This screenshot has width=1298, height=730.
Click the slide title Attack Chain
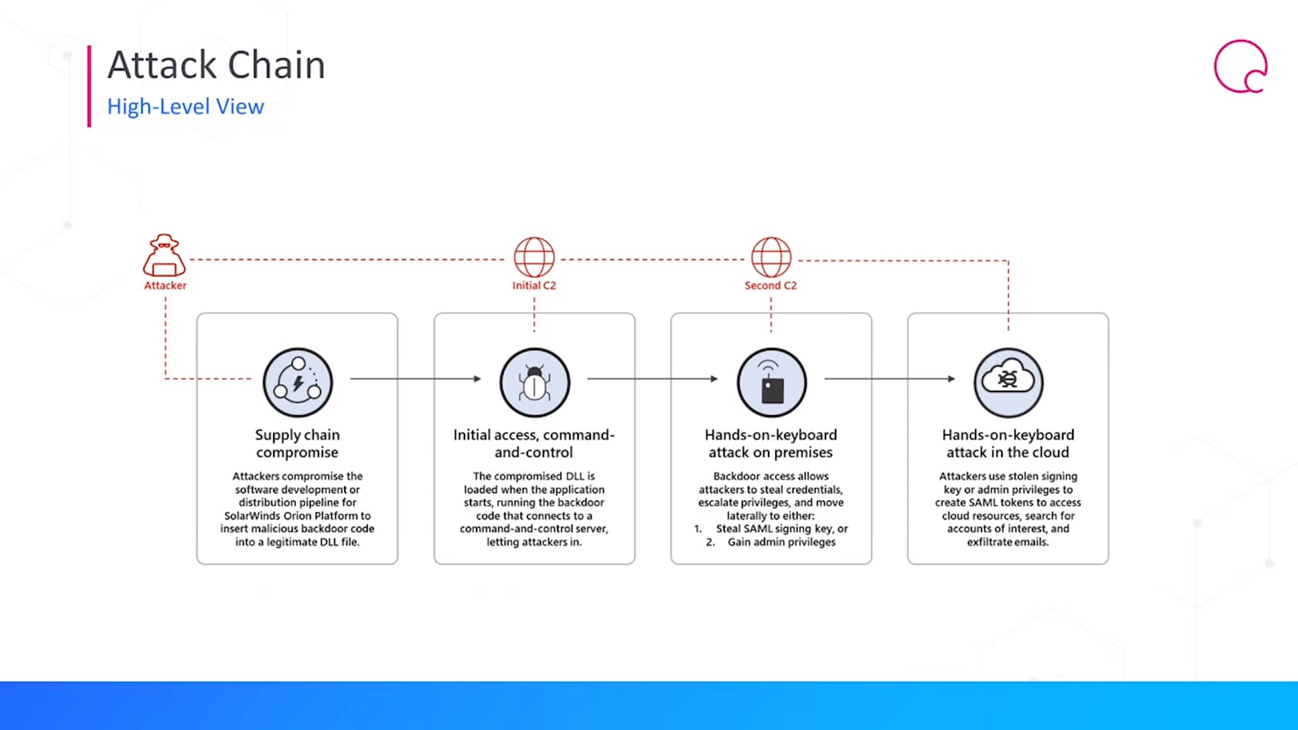pos(216,65)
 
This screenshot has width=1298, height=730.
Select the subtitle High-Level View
pos(185,107)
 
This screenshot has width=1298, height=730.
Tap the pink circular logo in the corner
pos(1241,66)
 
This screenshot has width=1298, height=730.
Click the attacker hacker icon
pos(164,255)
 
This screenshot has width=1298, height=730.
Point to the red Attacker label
pos(165,285)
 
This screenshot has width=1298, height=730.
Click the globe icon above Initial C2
pos(534,257)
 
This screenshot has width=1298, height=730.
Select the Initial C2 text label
pos(534,285)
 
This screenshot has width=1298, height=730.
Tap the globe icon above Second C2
pos(771,257)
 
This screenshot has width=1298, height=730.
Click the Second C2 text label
pos(771,285)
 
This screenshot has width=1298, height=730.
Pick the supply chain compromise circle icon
pos(297,383)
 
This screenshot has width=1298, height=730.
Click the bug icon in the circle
pos(535,383)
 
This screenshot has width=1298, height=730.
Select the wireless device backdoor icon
pos(771,383)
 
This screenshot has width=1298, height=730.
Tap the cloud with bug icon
pos(1008,383)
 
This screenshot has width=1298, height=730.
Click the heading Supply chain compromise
pos(297,443)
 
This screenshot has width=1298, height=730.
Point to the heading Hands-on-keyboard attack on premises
pos(771,443)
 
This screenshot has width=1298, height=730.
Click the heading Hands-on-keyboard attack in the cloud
pos(1008,443)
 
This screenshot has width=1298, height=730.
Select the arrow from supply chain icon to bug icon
pos(416,379)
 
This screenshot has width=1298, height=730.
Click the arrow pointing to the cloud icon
pos(890,379)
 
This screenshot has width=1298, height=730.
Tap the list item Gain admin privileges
pos(782,542)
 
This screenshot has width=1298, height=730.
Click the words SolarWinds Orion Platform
pos(283,516)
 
